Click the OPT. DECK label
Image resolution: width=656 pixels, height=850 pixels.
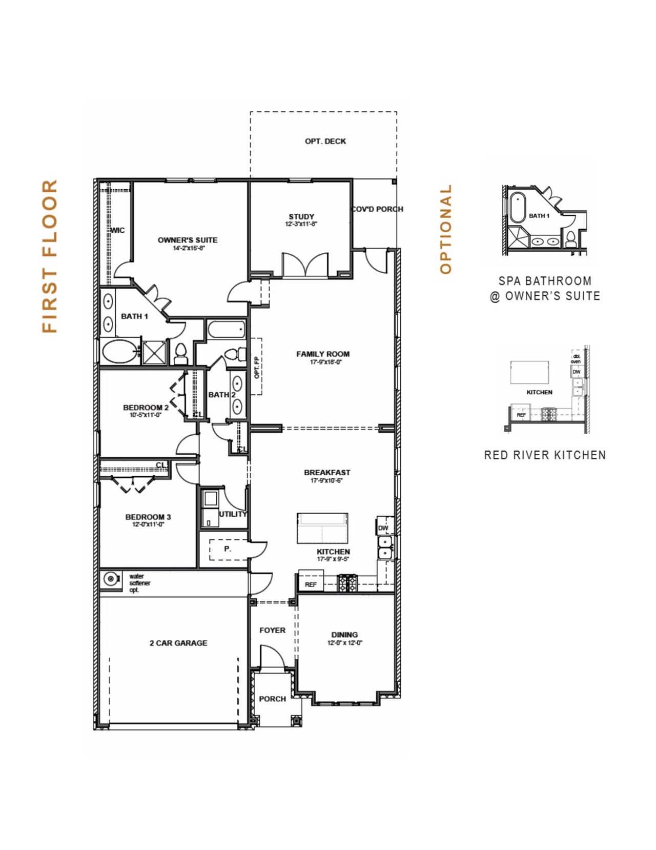click(x=325, y=141)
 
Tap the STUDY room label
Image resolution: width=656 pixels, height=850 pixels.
click(x=301, y=216)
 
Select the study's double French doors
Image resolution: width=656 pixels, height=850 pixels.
click(x=305, y=265)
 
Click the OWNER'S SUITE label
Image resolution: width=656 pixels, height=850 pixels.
click(x=188, y=240)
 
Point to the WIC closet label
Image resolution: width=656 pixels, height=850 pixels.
click(x=117, y=230)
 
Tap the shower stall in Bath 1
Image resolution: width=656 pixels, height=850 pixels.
click(x=154, y=352)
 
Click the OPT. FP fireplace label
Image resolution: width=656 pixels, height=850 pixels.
click(x=257, y=367)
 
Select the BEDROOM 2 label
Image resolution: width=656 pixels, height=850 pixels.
click(x=146, y=408)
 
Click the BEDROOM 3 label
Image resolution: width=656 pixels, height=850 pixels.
click(x=148, y=517)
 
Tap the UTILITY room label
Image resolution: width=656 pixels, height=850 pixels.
click(x=233, y=514)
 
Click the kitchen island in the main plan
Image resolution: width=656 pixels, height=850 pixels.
click(x=322, y=528)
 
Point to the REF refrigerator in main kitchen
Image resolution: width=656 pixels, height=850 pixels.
click(x=311, y=584)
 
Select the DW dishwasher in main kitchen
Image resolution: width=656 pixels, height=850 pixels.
click(x=383, y=528)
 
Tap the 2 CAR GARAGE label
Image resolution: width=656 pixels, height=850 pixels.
click(x=178, y=643)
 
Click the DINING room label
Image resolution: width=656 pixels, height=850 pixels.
click(x=344, y=635)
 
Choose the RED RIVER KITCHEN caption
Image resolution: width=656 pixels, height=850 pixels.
click(x=545, y=455)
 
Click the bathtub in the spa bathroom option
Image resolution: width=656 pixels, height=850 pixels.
click(x=517, y=207)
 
